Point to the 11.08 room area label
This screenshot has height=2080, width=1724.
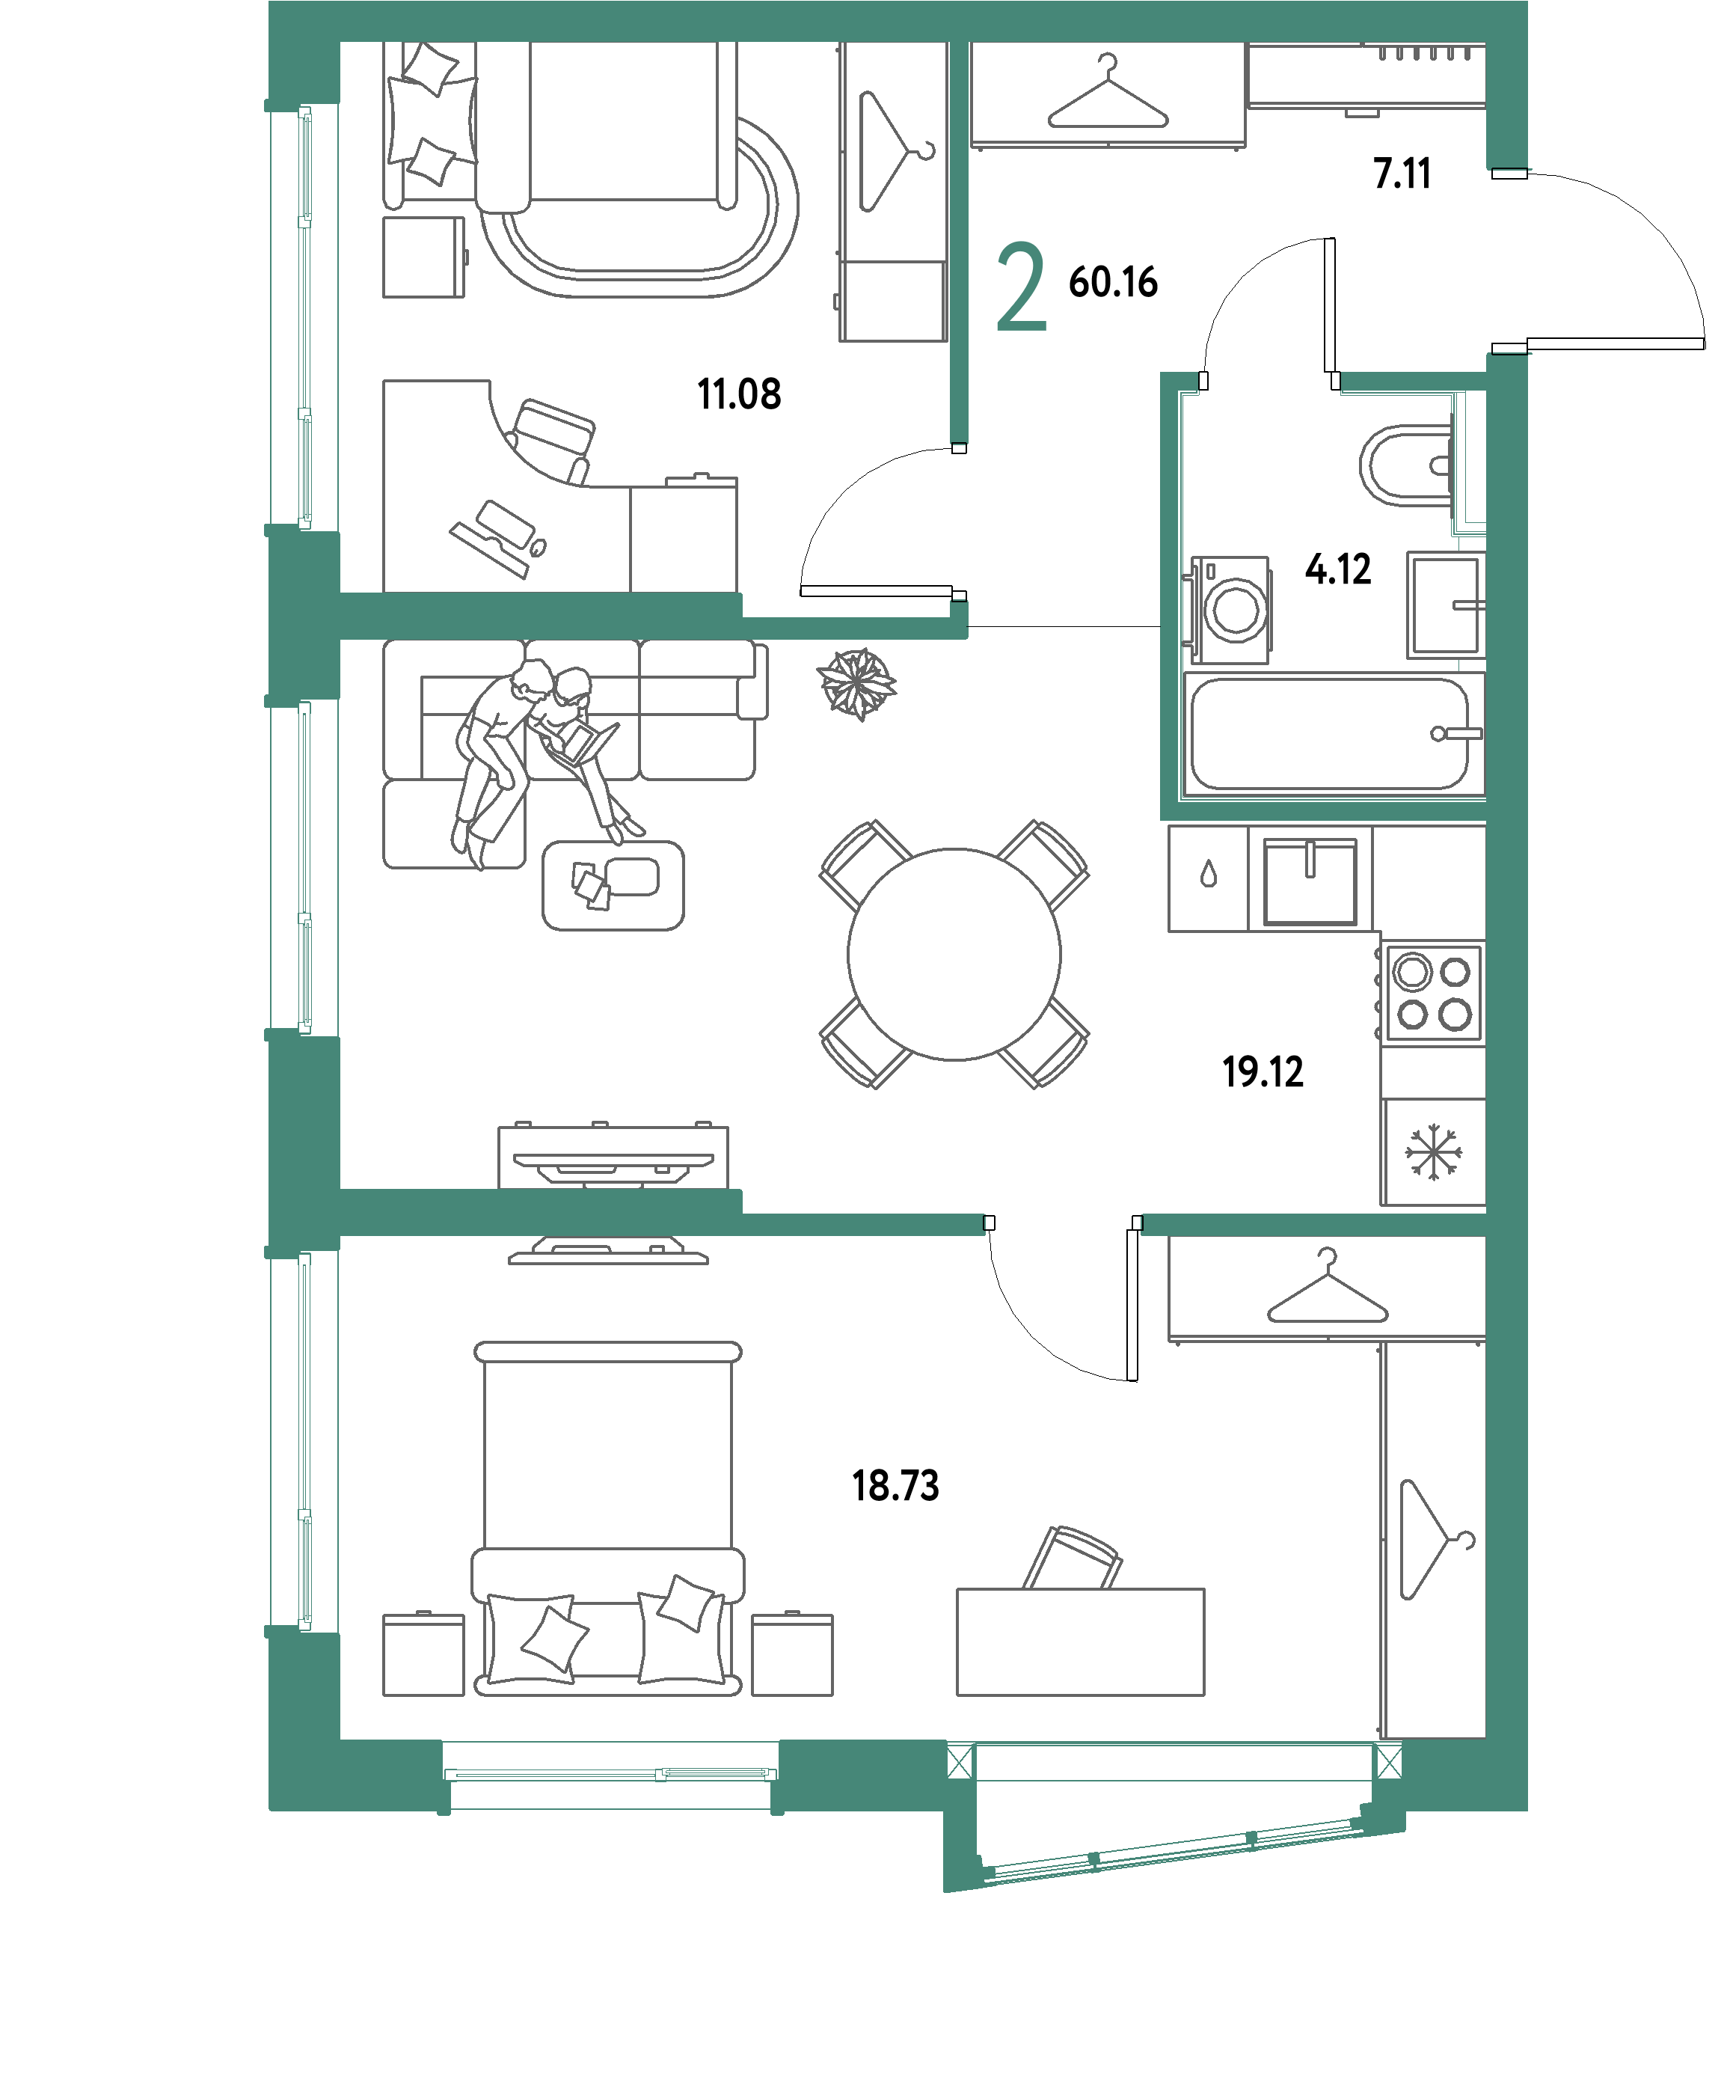[739, 394]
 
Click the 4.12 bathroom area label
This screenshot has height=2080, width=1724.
[1338, 569]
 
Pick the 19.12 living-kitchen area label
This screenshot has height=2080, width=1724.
[1263, 1071]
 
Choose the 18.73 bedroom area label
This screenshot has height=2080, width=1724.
[895, 1486]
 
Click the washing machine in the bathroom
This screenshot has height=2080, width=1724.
[1230, 609]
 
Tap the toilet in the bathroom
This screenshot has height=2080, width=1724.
[1406, 465]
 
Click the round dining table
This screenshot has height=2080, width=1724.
[954, 954]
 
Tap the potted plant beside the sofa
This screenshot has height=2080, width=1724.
[856, 683]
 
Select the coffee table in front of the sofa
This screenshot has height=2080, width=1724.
[613, 885]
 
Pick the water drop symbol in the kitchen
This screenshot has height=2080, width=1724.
[1208, 875]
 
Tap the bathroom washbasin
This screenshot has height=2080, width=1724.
[1446, 605]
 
